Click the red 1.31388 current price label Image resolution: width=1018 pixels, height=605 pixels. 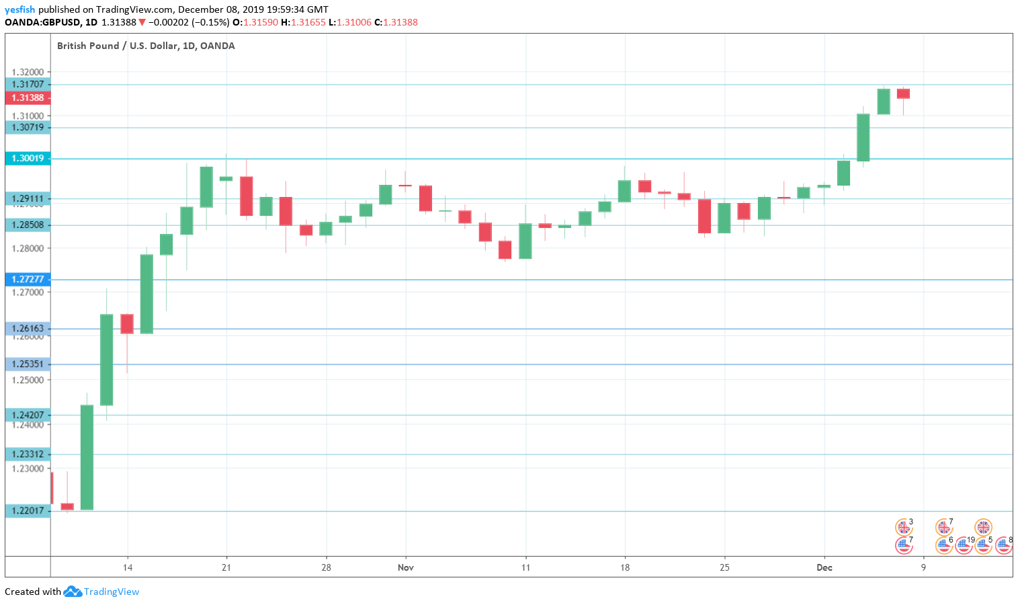[28, 97]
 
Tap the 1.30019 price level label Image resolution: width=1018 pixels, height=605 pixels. [28, 159]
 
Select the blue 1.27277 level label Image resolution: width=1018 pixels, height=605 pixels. [28, 279]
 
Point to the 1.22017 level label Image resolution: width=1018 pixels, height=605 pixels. [28, 511]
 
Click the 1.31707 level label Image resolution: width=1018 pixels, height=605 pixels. [28, 85]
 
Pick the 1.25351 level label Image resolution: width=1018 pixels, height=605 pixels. [28, 364]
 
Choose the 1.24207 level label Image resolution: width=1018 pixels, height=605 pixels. [28, 415]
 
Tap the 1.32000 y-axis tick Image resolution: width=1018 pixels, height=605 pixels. [28, 73]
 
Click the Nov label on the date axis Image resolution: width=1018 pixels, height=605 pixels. [406, 567]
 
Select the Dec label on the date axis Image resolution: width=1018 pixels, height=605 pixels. [824, 567]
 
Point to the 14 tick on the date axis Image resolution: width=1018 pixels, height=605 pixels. [128, 567]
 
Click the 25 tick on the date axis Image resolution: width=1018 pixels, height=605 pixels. [724, 567]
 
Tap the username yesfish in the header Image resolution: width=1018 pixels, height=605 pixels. [19, 9]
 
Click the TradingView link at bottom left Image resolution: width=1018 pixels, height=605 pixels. [111, 592]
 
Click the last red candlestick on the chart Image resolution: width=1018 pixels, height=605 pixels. [903, 93]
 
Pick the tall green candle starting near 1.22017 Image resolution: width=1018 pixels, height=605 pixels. [87, 457]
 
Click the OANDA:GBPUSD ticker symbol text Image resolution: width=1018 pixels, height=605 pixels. [42, 22]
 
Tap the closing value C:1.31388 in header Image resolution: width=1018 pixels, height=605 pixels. [396, 22]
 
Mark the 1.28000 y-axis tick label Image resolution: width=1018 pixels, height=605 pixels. [28, 249]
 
